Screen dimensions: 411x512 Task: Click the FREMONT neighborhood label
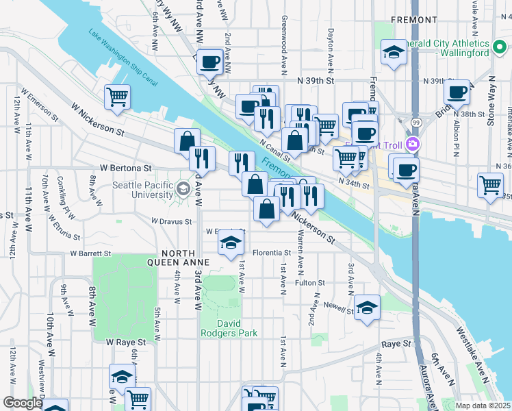[414, 21]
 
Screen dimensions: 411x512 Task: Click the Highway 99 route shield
[415, 122]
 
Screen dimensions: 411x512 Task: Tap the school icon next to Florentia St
[231, 244]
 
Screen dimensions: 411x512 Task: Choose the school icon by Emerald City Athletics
[394, 53]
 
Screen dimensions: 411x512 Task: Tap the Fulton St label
[309, 282]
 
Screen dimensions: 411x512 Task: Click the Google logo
[22, 403]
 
